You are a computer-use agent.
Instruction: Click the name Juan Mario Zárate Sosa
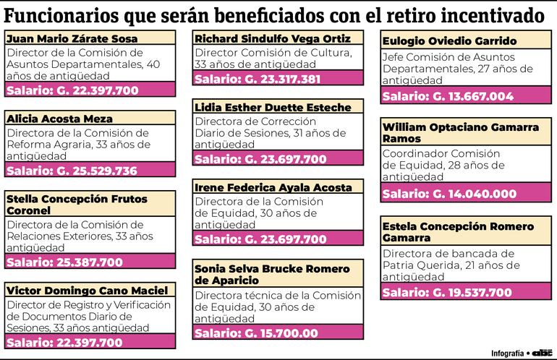click(72, 39)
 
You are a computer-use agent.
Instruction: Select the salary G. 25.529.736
click(72, 171)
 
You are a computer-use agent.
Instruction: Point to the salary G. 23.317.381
click(257, 80)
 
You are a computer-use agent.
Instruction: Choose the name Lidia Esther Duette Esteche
click(273, 108)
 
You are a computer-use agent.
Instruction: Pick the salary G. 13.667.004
click(448, 96)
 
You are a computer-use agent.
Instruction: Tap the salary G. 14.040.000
click(449, 194)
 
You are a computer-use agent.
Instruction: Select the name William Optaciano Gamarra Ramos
click(460, 132)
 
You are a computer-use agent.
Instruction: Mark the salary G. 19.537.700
click(446, 293)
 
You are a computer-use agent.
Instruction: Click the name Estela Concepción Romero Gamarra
click(458, 232)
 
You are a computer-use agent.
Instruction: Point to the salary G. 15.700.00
click(255, 333)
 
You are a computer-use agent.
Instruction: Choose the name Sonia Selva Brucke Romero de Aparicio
click(271, 275)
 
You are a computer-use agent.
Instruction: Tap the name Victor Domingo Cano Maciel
click(87, 291)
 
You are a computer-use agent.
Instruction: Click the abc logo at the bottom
click(541, 353)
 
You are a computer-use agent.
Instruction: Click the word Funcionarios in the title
click(64, 15)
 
